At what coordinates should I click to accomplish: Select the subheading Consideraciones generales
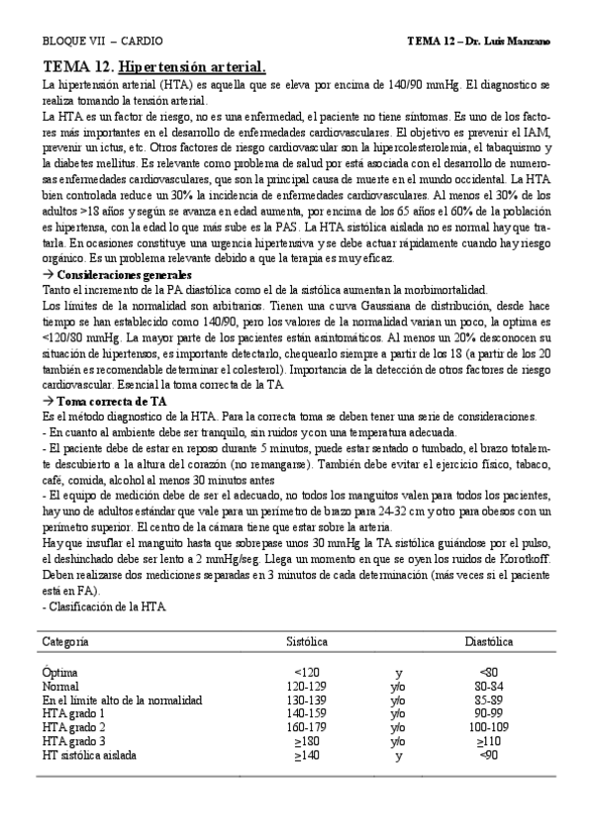[x=124, y=274]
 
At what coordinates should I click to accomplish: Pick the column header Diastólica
[x=488, y=641]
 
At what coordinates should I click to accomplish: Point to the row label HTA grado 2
[x=74, y=727]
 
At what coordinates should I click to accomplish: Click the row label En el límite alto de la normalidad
[x=123, y=699]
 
